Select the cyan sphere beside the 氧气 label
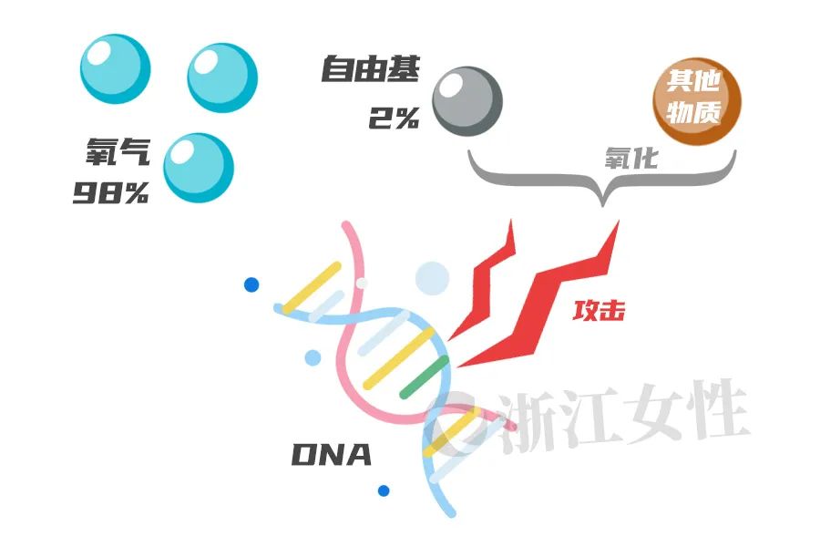pos(198,168)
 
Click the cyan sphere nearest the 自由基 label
pos(222,77)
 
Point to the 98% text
pos(111,193)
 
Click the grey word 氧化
pos(630,159)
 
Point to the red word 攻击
pos(599,311)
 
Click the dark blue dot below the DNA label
pos(384,490)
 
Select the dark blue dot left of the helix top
pos(251,284)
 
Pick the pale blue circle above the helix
pos(432,278)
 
